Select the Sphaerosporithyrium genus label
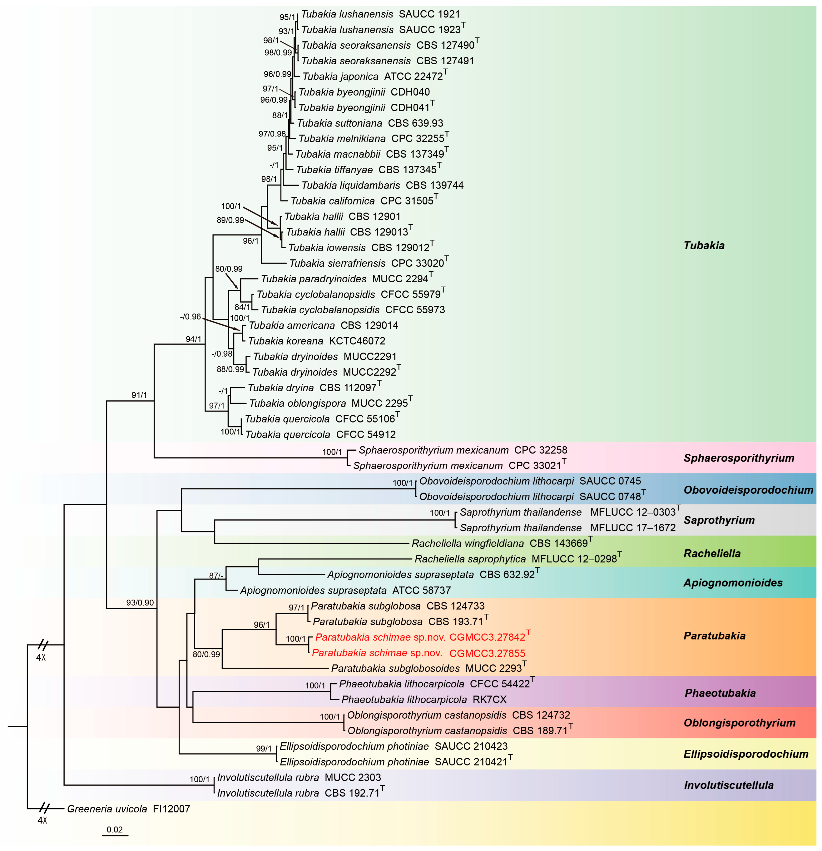pos(739,458)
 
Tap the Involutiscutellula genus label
pos(729,785)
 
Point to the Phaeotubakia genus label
pos(720,693)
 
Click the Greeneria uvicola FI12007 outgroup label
pos(128,809)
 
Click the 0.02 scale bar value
pos(115,829)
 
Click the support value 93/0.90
pos(140,603)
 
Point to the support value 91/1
pos(139,395)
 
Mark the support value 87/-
pos(216,576)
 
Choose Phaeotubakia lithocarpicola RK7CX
pos(424,699)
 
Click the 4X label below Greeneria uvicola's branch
pos(42,821)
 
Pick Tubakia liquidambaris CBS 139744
pos(382,186)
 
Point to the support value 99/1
pos(263,749)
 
